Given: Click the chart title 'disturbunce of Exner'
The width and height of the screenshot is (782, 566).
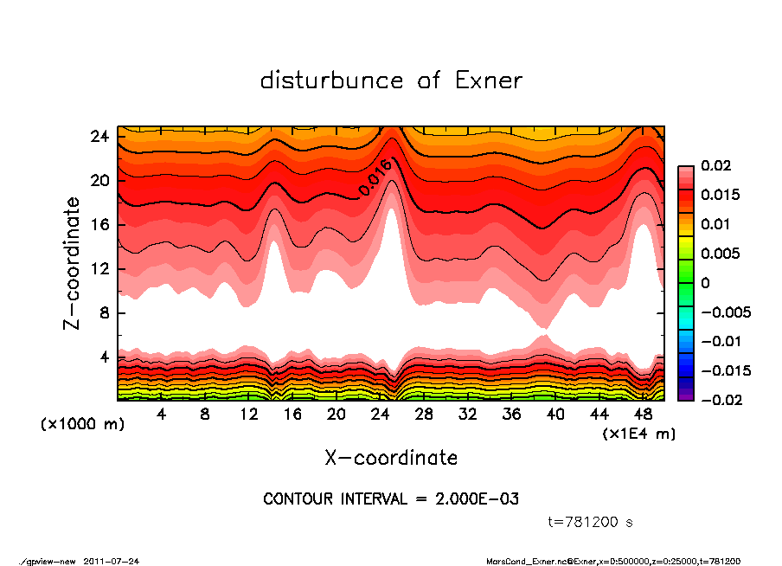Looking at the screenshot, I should [x=391, y=80].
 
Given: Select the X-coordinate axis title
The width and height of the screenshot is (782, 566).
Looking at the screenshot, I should [x=391, y=457].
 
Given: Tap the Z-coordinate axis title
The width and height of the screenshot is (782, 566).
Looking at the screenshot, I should [x=72, y=262].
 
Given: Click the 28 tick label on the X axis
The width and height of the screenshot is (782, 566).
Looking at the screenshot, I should [x=424, y=415].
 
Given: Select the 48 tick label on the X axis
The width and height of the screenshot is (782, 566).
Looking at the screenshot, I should [x=643, y=415].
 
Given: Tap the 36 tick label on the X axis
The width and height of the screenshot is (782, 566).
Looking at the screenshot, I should [x=511, y=415].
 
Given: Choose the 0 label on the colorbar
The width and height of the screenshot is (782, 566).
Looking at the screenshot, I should [x=705, y=283].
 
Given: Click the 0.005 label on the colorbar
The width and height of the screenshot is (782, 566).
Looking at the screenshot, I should [x=719, y=254].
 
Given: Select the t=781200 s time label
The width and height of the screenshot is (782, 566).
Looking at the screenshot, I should [x=591, y=522].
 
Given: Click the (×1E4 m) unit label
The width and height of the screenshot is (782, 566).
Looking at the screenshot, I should [x=639, y=433].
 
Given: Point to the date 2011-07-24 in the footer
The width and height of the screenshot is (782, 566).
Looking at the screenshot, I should [x=112, y=561].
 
